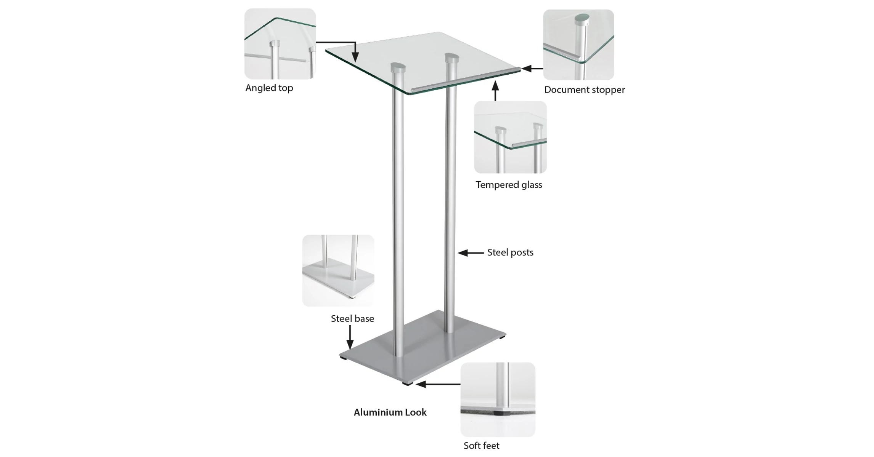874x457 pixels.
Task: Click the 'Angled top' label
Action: pyautogui.click(x=269, y=88)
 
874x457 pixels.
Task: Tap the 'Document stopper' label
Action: pyautogui.click(x=584, y=90)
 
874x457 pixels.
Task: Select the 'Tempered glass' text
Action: pyautogui.click(x=509, y=185)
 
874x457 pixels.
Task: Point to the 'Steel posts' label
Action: pyautogui.click(x=510, y=252)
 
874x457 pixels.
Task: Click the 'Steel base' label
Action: pyautogui.click(x=352, y=319)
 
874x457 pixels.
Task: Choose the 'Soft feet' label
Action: pyautogui.click(x=481, y=446)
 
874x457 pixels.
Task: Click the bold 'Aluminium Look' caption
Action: pyautogui.click(x=390, y=412)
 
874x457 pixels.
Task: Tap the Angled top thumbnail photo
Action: pyautogui.click(x=280, y=44)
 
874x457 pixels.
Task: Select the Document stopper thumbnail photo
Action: pyautogui.click(x=578, y=45)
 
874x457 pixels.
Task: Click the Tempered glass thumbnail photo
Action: pyautogui.click(x=510, y=137)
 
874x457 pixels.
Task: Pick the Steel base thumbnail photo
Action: pyautogui.click(x=338, y=271)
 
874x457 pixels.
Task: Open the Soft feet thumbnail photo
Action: pyautogui.click(x=498, y=399)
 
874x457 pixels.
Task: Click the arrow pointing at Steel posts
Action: pyautogui.click(x=471, y=253)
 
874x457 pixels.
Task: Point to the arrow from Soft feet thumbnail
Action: pyautogui.click(x=438, y=384)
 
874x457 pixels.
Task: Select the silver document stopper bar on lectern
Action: pyautogui.click(x=466, y=80)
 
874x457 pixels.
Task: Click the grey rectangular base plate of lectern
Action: pyautogui.click(x=423, y=348)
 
